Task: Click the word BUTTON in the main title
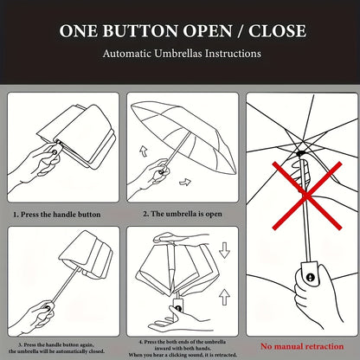[139, 30]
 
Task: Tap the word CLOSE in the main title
[277, 30]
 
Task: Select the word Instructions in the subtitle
[233, 54]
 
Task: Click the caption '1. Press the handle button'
[57, 215]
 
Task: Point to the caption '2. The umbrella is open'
[183, 214]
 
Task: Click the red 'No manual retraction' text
[302, 346]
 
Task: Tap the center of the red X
[307, 196]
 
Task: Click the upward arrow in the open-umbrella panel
[144, 151]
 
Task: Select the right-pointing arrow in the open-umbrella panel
[185, 182]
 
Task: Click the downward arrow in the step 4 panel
[224, 250]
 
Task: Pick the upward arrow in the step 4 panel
[224, 297]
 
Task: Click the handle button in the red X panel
[310, 278]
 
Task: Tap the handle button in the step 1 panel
[55, 151]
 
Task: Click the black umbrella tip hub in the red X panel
[301, 153]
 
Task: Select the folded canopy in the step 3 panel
[86, 254]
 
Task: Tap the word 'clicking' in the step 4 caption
[178, 355]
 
